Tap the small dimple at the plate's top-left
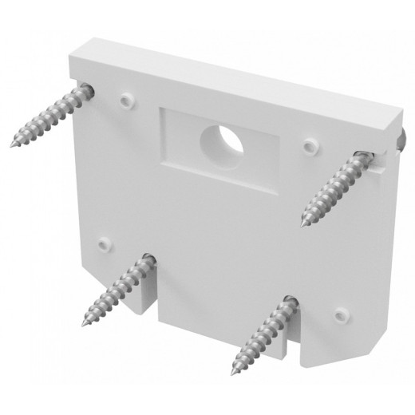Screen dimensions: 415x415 (125, 101)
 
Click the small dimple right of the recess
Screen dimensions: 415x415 (310, 146)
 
